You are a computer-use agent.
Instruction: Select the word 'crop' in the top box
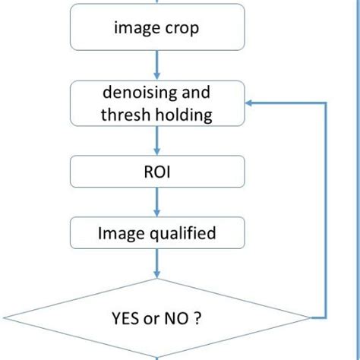click(184, 28)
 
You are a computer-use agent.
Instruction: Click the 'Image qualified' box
click(157, 232)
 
